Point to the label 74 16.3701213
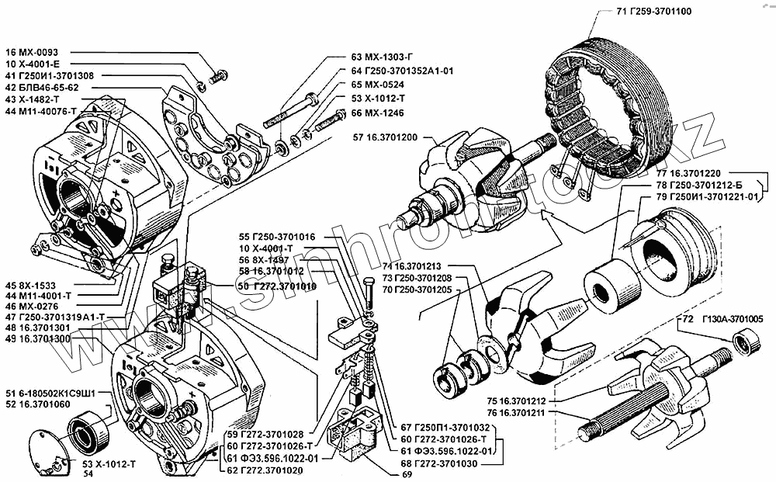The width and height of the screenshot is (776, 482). [x=413, y=265]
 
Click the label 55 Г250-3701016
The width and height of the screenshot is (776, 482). [x=277, y=236]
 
